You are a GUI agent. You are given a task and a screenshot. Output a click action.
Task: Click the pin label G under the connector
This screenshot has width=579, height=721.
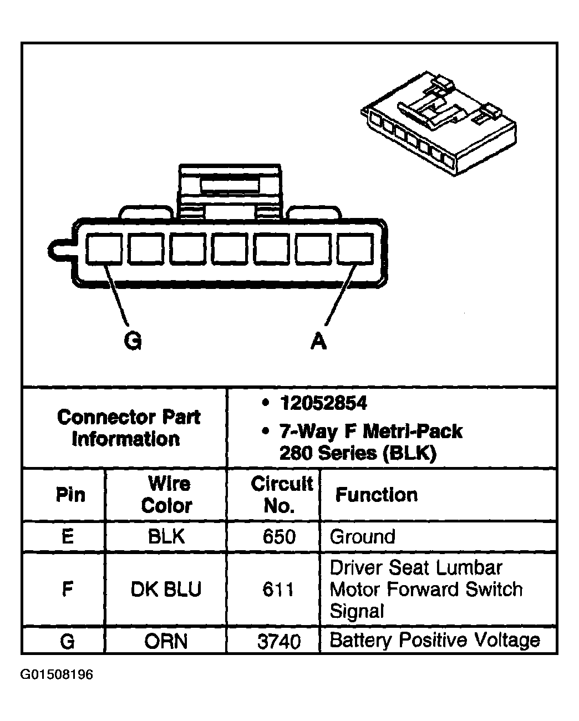coord(133,341)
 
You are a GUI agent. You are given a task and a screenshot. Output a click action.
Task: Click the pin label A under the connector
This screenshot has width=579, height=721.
coord(318,341)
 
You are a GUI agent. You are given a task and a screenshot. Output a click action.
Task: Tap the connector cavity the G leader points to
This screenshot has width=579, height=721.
coord(104,249)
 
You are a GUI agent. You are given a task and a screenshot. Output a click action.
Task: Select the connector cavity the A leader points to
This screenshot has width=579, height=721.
coord(355,249)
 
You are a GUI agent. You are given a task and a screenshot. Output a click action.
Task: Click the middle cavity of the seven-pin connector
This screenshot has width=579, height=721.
coord(230,249)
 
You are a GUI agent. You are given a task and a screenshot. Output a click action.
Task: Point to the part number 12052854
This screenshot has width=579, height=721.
coord(323,403)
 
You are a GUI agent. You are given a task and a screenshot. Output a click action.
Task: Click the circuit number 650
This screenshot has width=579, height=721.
coord(279,536)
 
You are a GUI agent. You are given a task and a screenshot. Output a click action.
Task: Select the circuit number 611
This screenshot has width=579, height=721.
coord(278,590)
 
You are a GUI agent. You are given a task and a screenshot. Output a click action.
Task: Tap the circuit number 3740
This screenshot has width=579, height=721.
coord(279,642)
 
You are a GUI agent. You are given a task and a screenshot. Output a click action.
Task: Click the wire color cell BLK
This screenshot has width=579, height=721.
coord(166,536)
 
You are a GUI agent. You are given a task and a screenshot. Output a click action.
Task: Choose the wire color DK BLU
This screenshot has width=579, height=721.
coord(166,590)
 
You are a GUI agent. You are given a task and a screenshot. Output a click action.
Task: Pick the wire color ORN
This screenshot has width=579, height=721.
coord(166,642)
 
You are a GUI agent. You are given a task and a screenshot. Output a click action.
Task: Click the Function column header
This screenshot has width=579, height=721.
coord(377,495)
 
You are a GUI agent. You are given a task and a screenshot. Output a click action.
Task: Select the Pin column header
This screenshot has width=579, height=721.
coord(70,495)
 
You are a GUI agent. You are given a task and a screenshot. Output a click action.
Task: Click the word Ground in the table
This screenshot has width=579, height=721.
coord(363,536)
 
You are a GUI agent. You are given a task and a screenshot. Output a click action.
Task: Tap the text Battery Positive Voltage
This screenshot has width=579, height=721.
coord(435,641)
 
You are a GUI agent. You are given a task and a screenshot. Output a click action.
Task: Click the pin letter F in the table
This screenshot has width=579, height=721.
coord(68,590)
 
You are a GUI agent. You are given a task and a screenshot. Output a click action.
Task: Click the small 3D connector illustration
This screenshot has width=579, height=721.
coord(439,123)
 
